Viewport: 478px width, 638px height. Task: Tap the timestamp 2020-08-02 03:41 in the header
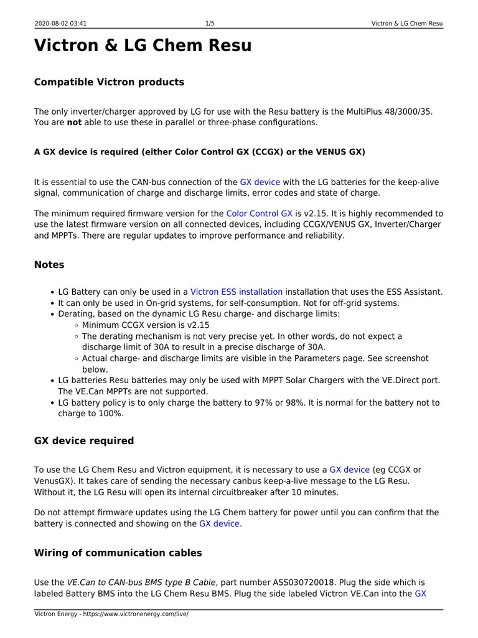[61, 24]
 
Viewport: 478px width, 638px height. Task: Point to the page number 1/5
[210, 24]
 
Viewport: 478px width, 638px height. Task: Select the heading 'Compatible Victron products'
[109, 82]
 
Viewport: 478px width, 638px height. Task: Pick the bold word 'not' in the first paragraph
[75, 123]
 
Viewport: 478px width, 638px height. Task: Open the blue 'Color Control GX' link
[259, 214]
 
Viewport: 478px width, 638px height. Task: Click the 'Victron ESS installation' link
[237, 292]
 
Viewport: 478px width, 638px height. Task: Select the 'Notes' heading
[49, 265]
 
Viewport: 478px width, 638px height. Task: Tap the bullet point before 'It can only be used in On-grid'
[52, 303]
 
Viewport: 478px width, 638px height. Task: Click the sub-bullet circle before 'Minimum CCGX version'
[76, 325]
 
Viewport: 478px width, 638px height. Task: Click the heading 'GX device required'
[83, 440]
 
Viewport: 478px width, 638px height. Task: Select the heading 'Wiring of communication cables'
[118, 553]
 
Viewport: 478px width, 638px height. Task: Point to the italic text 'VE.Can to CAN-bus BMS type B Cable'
[141, 583]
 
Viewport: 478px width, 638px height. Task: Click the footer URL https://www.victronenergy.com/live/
[137, 614]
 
